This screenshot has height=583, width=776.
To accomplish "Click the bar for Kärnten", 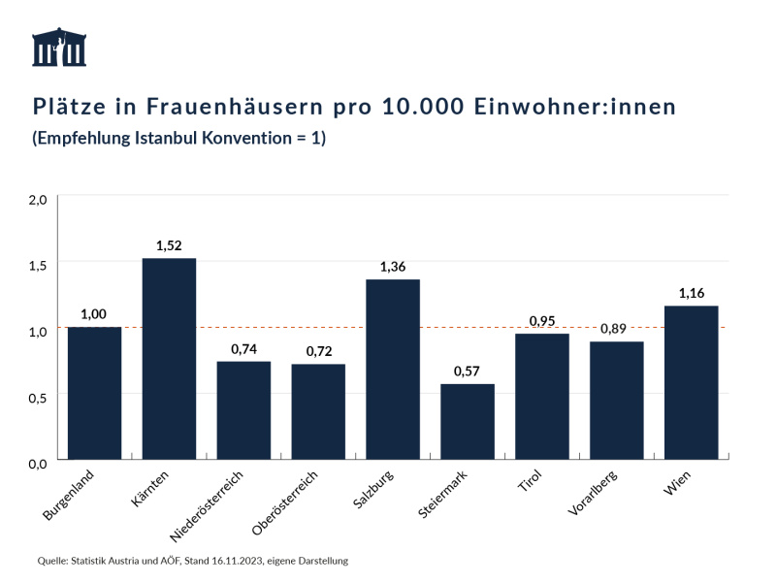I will pyautogui.click(x=169, y=359).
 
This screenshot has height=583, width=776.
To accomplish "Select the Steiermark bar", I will pyautogui.click(x=468, y=422).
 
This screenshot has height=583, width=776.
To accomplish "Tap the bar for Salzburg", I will pyautogui.click(x=393, y=370).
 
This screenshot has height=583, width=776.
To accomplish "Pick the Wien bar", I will pyautogui.click(x=691, y=382).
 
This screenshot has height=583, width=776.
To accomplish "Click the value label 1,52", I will pyautogui.click(x=169, y=245).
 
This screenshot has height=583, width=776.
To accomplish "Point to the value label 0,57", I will pyautogui.click(x=468, y=372).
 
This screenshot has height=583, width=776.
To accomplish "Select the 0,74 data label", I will pyautogui.click(x=243, y=348).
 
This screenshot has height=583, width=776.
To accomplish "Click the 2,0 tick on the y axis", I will pyautogui.click(x=38, y=199).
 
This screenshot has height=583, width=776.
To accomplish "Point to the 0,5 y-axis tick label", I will pyautogui.click(x=38, y=397).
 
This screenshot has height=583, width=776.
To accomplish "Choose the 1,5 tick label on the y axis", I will pyautogui.click(x=38, y=265).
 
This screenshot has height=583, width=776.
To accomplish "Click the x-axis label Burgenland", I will pyautogui.click(x=70, y=496).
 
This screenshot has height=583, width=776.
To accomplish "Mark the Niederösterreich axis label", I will pyautogui.click(x=206, y=505).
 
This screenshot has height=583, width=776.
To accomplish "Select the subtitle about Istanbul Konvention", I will pyautogui.click(x=179, y=139).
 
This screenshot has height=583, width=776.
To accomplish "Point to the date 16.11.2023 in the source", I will pyautogui.click(x=226, y=561).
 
